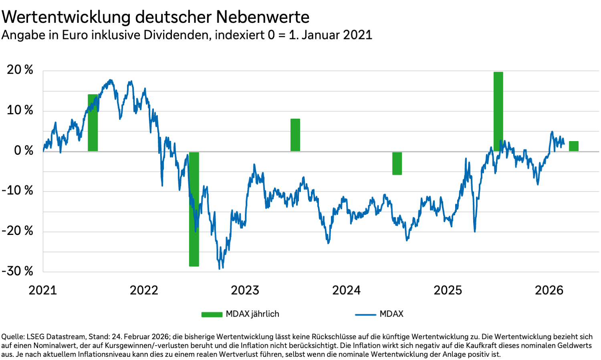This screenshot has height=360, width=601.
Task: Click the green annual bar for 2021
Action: (x=93, y=123)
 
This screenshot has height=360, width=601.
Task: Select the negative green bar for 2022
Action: (x=194, y=209)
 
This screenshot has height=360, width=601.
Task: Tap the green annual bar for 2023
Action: (x=295, y=135)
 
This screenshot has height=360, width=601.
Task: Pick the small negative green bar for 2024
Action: (x=397, y=164)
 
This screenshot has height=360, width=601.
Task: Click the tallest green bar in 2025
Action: (x=498, y=111)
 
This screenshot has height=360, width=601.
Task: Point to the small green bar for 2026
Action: (x=573, y=146)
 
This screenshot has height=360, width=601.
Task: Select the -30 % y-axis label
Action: (x=18, y=271)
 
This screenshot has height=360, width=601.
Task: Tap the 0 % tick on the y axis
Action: (x=24, y=151)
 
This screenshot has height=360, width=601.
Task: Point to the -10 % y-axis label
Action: (x=18, y=190)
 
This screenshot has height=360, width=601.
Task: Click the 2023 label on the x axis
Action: (x=245, y=290)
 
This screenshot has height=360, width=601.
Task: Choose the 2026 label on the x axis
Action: (x=549, y=290)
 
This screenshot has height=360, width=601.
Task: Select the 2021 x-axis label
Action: (x=42, y=290)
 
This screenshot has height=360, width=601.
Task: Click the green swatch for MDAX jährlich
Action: (x=212, y=314)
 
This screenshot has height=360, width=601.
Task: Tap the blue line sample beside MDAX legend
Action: (x=365, y=314)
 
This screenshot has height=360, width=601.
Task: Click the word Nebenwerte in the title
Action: (x=262, y=17)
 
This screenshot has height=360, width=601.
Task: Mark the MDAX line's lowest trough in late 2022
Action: (x=220, y=268)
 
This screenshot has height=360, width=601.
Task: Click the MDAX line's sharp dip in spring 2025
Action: (x=475, y=231)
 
